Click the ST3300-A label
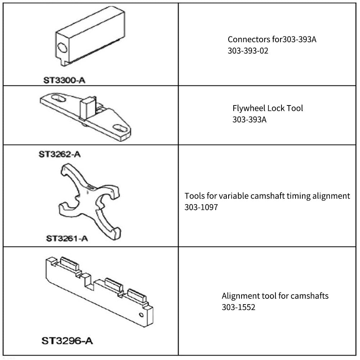pyautogui.click(x=64, y=80)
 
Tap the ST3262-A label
pyautogui.click(x=60, y=154)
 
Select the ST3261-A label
pyautogui.click(x=67, y=239)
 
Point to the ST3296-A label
pyautogui.click(x=67, y=341)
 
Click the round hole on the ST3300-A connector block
pyautogui.click(x=62, y=48)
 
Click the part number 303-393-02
pyautogui.click(x=248, y=51)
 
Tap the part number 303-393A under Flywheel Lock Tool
pyautogui.click(x=249, y=120)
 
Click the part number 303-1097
pyautogui.click(x=201, y=207)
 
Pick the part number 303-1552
pyautogui.click(x=238, y=307)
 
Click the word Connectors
pyautogui.click(x=249, y=40)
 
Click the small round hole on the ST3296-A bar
pyautogui.click(x=141, y=315)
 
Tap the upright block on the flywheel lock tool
pyautogui.click(x=87, y=107)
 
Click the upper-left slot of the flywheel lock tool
pyautogui.click(x=59, y=98)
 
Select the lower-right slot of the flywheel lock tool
pyautogui.click(x=120, y=128)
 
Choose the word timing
pyautogui.click(x=298, y=196)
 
